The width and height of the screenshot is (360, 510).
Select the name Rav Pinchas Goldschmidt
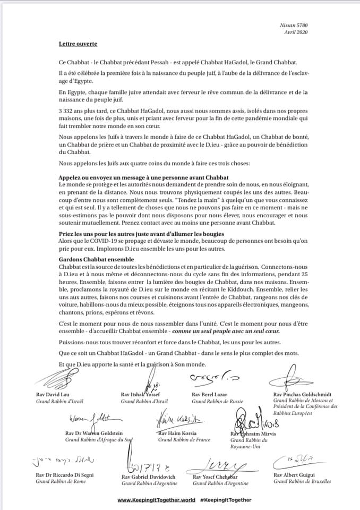(x=303, y=395)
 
